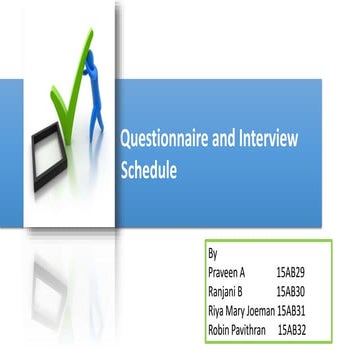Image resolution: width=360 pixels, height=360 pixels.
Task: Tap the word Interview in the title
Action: [x=267, y=142]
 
